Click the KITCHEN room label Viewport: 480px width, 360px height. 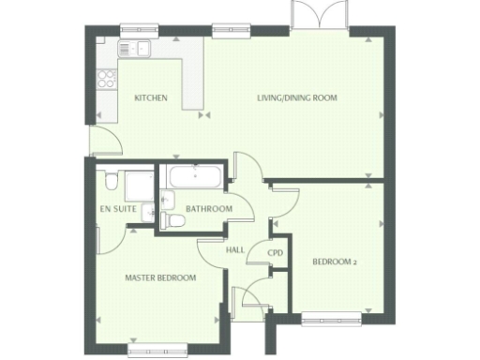pos(150,97)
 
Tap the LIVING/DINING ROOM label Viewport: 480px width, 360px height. pos(297,97)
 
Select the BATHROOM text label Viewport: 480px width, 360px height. pos(208,208)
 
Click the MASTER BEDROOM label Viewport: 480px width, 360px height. pos(160,277)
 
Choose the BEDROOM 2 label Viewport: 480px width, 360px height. pos(335,262)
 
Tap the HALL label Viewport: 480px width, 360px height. pos(235,250)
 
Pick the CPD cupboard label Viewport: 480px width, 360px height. pos(276,253)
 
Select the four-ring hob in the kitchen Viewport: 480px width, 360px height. pos(107,78)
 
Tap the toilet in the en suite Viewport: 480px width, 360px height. pos(112,180)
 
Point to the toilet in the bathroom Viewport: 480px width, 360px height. pos(172,219)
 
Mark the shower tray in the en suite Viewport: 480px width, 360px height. pos(141,185)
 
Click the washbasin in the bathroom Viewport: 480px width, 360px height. pos(168,198)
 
